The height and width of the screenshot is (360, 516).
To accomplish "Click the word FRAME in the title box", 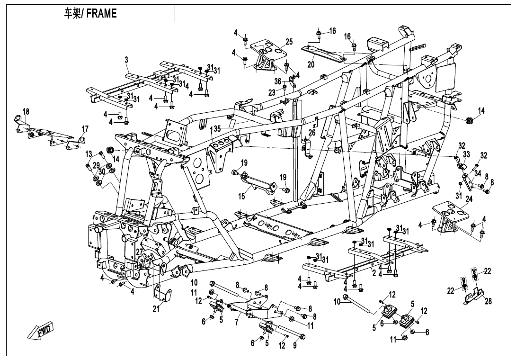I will pos(101,14).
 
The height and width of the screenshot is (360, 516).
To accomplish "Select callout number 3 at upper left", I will pos(126,60).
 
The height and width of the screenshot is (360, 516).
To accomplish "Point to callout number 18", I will pos(26,111).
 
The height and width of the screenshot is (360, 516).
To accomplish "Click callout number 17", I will pos(85,129).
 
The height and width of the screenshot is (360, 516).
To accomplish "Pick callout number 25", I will pos(289,43).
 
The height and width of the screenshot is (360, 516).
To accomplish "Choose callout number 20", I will pos(311,65).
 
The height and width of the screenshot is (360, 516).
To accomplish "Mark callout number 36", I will pos(278,81).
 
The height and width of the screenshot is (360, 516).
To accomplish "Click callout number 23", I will pos(272,93).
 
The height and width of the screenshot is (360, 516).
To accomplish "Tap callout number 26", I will pos(311,133).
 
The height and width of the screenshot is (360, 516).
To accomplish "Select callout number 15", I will pos(241,196).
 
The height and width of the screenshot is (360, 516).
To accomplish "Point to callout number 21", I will pos(156,310).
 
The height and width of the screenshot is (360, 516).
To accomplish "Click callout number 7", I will pos(236,323).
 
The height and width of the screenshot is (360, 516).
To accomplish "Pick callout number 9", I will pos(294,346).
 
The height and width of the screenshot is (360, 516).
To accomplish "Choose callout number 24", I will pos(469,199).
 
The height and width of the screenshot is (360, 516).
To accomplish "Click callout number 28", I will pos(488,301).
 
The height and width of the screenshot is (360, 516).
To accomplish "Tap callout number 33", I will pos(466,154).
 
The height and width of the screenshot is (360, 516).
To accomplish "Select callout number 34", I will pos(478,173).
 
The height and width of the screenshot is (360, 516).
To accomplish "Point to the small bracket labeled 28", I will pos(473,296).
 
